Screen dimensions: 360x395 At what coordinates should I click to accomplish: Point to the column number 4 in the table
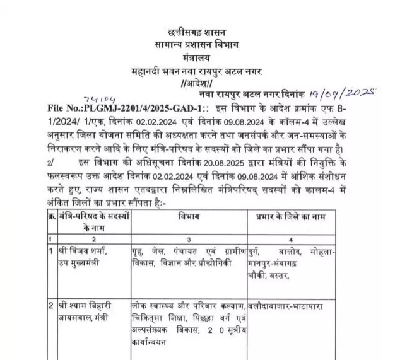(x=291, y=240)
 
